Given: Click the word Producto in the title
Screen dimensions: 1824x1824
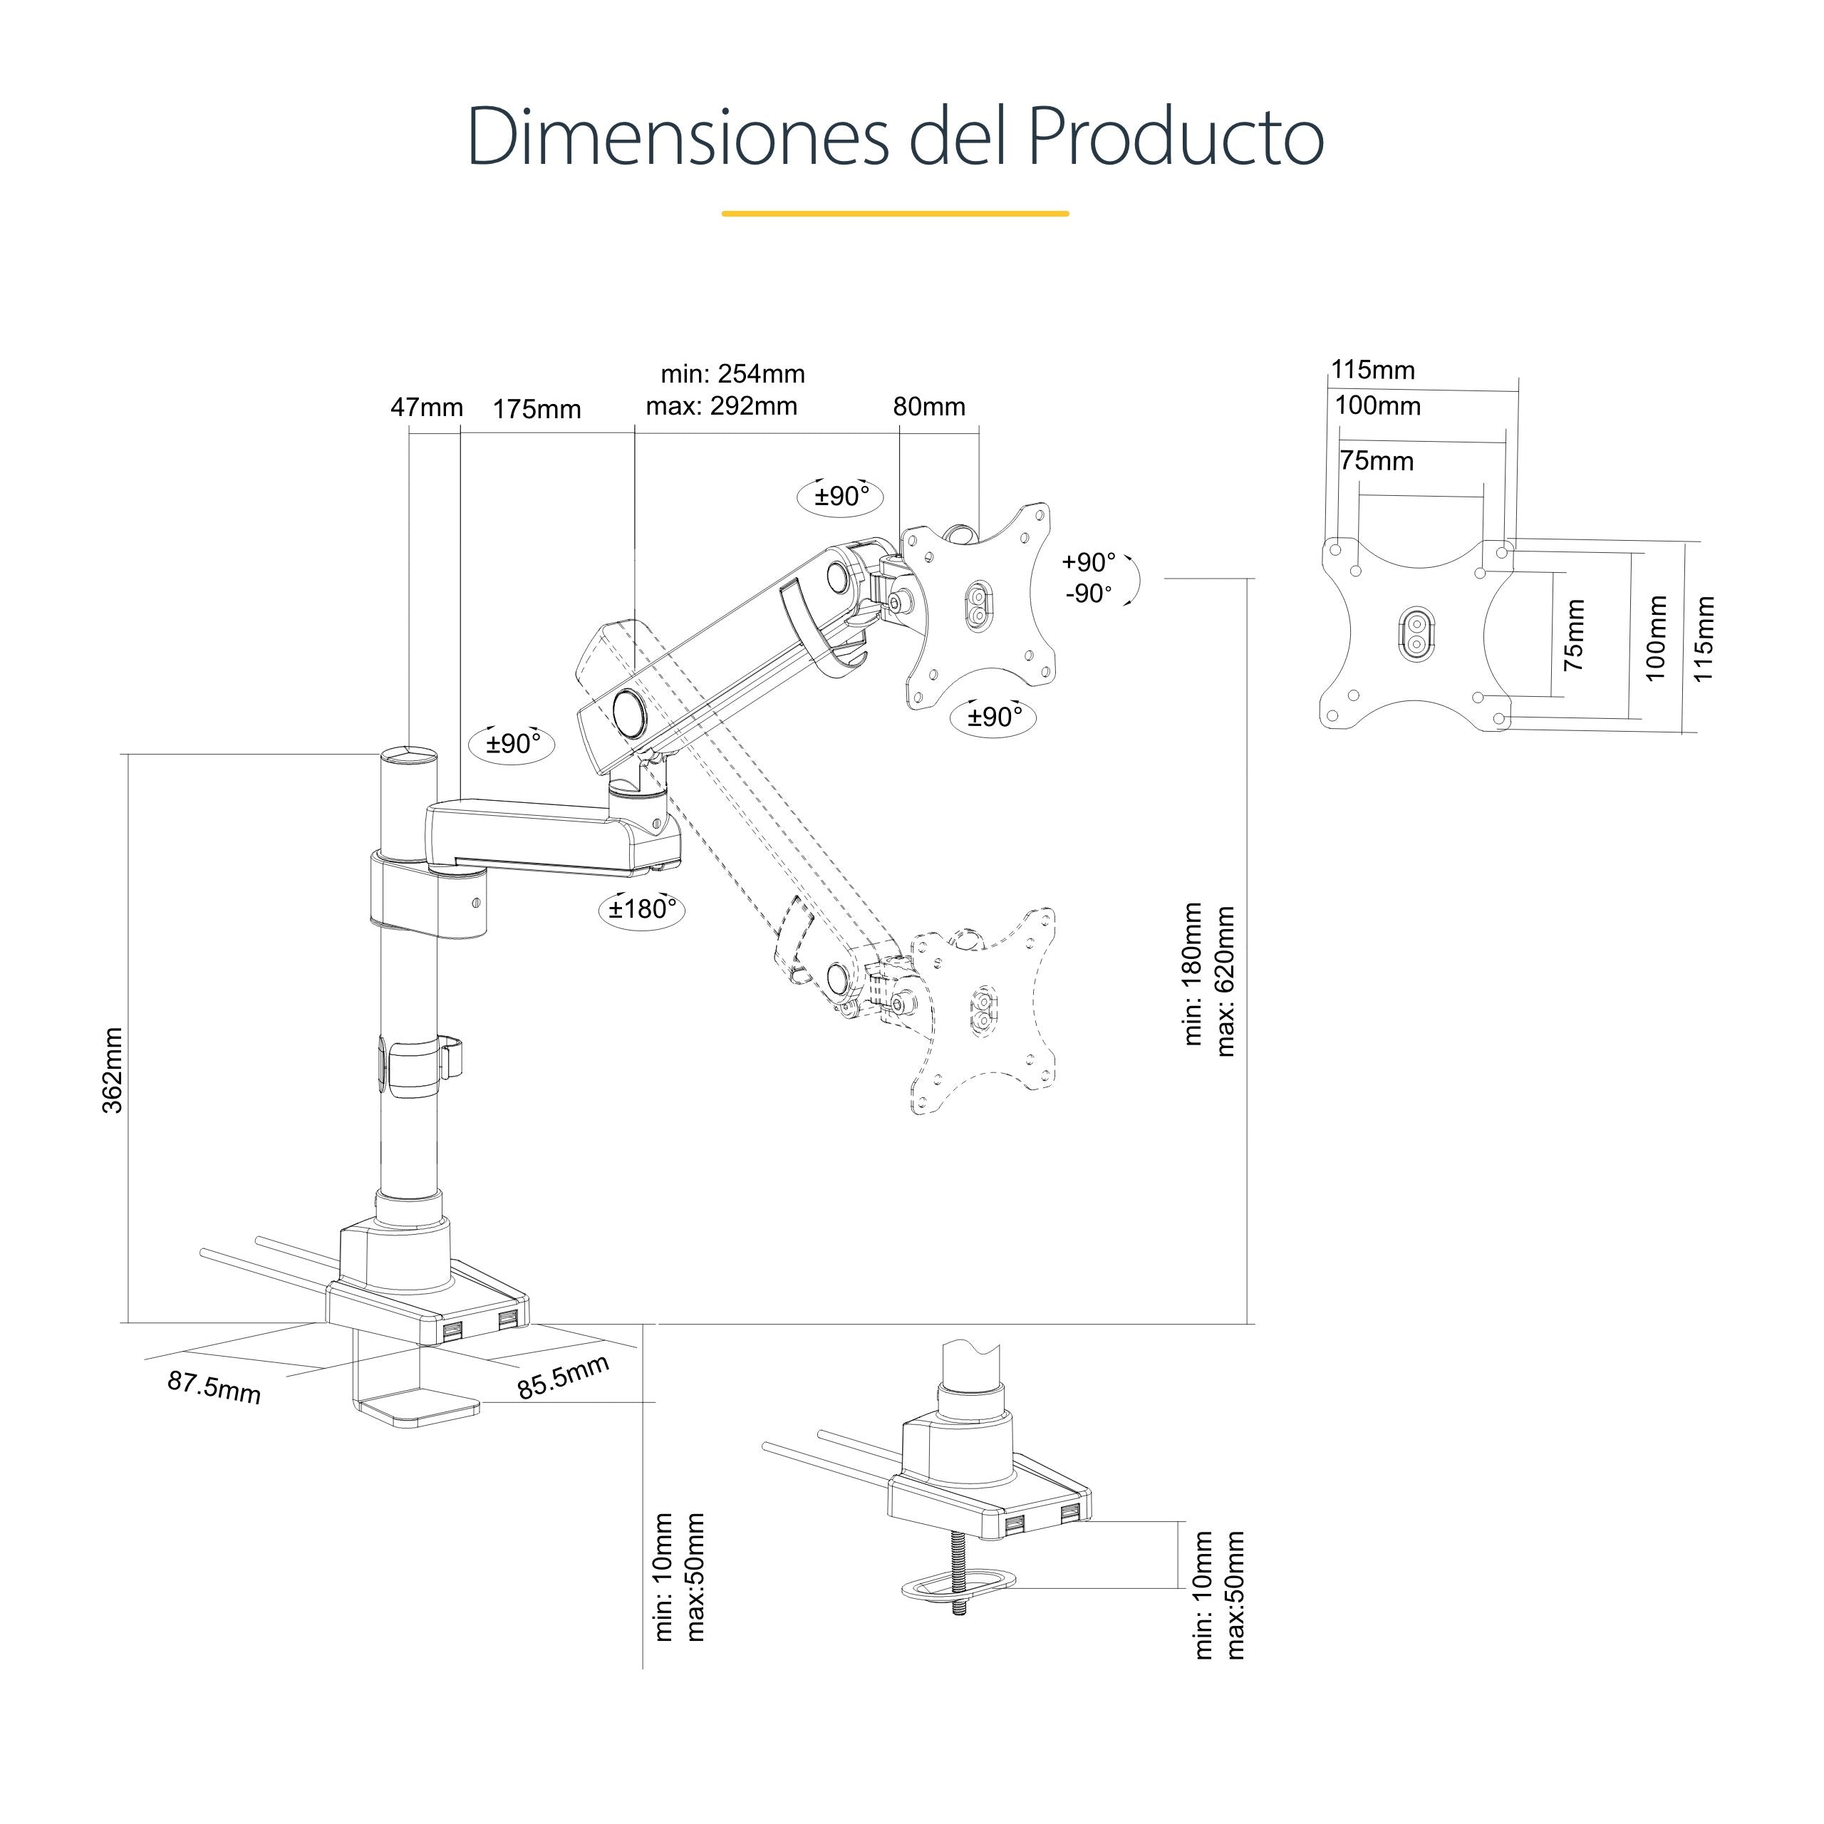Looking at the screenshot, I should pyautogui.click(x=1176, y=138).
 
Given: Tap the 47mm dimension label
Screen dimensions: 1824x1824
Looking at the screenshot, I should pyautogui.click(x=427, y=408).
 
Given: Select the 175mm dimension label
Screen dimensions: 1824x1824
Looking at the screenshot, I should pyautogui.click(x=537, y=410).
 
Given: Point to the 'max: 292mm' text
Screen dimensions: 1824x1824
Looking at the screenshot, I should pyautogui.click(x=721, y=407).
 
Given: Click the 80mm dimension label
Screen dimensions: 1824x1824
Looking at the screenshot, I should pyautogui.click(x=929, y=407).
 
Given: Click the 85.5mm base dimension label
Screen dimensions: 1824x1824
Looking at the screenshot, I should pyautogui.click(x=563, y=1377).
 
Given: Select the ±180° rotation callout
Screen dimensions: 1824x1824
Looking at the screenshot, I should pyautogui.click(x=642, y=909).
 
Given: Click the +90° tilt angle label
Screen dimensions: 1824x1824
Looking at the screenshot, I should pyautogui.click(x=1089, y=563).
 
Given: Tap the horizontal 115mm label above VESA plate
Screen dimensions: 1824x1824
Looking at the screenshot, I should pyautogui.click(x=1373, y=370).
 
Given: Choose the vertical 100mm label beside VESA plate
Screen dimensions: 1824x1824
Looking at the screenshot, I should pyautogui.click(x=1656, y=637).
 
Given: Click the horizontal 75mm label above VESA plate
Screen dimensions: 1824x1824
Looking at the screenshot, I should pyautogui.click(x=1377, y=461).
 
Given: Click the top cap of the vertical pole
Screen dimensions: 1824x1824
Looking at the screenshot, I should pyautogui.click(x=409, y=755).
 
